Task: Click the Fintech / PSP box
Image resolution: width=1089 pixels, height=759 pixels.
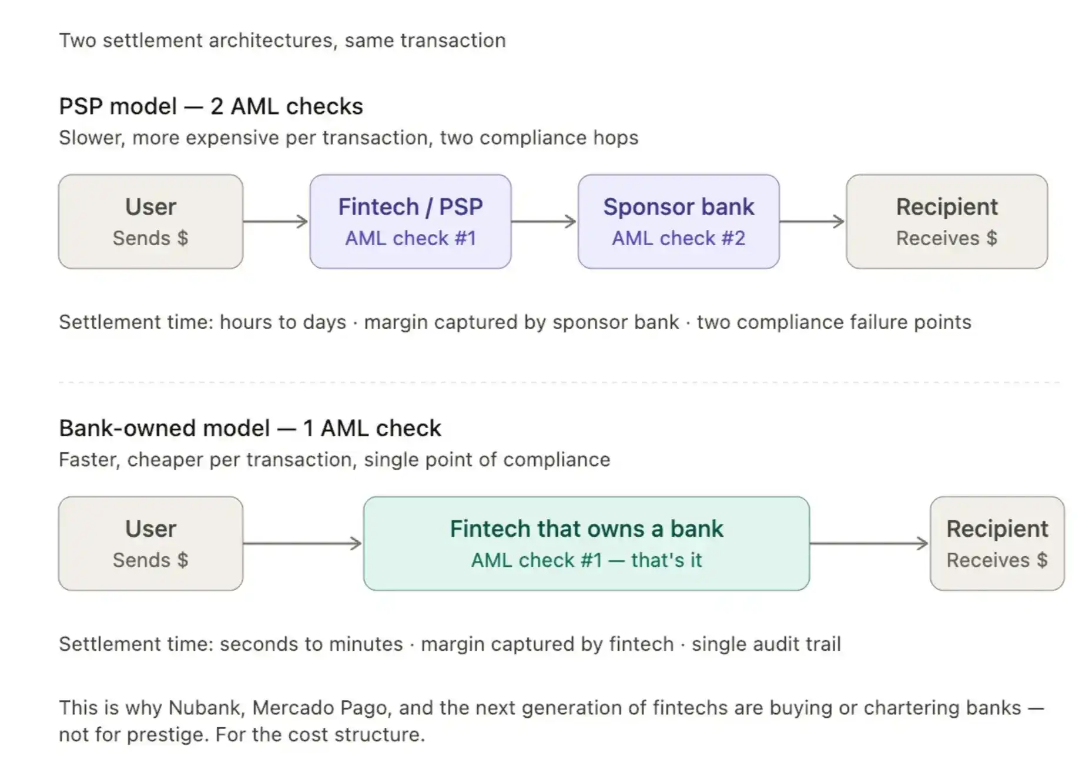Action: (410, 222)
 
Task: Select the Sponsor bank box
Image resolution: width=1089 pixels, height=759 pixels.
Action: (678, 222)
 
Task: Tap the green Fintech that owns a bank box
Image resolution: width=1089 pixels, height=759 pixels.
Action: (586, 543)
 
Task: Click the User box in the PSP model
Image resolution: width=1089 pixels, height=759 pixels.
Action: (150, 222)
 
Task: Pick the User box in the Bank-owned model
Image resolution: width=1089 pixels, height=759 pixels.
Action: (150, 543)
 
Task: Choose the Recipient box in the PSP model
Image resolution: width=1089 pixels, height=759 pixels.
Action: (946, 222)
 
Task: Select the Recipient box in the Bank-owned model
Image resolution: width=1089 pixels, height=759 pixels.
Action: (997, 543)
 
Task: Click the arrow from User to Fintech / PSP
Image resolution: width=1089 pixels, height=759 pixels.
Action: (276, 222)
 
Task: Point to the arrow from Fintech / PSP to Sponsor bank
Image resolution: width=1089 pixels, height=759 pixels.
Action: (544, 222)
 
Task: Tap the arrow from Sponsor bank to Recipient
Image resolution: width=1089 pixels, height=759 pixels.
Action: (812, 222)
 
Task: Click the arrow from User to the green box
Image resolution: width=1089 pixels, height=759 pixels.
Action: (303, 543)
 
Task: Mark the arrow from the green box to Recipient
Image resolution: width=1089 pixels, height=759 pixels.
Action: (869, 543)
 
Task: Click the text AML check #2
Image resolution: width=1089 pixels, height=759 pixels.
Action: (678, 238)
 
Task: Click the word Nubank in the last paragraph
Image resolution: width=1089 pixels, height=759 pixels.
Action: (206, 707)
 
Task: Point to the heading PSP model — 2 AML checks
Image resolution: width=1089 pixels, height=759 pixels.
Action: (211, 106)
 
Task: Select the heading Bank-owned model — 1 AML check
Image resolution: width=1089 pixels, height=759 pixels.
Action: (250, 428)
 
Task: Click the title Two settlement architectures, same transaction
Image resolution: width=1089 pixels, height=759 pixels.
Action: (282, 41)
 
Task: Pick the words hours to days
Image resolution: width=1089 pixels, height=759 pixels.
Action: (283, 322)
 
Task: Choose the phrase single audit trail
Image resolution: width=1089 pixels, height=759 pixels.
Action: (766, 644)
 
